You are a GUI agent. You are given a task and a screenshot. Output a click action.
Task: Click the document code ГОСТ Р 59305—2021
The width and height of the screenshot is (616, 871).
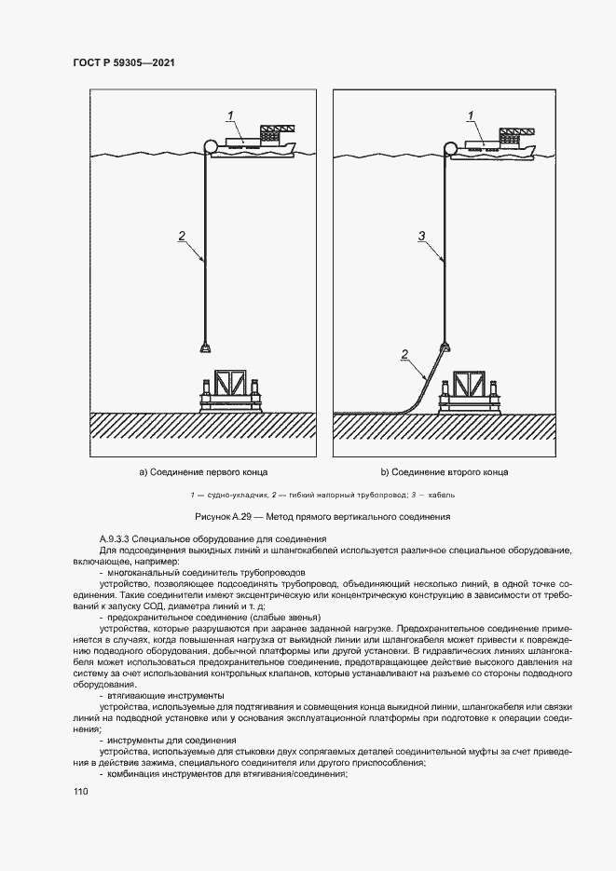(x=124, y=62)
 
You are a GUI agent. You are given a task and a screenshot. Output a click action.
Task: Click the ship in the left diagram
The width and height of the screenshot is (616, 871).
(x=256, y=143)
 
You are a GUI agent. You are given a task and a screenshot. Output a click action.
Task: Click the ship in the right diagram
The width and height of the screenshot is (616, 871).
(x=499, y=143)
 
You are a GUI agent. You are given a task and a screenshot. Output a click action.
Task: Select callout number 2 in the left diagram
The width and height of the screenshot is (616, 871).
(x=182, y=236)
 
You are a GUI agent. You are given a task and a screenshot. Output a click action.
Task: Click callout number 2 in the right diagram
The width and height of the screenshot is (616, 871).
(x=404, y=353)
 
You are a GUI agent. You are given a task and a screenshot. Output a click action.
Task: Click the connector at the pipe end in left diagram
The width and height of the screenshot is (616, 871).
(x=203, y=347)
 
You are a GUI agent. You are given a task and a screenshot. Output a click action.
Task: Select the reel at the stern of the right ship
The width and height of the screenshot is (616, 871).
(x=452, y=147)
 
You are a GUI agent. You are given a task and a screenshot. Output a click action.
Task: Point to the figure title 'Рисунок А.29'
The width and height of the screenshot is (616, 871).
(x=226, y=516)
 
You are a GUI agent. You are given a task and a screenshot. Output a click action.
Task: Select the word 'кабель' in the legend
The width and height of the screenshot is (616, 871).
(x=442, y=495)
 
